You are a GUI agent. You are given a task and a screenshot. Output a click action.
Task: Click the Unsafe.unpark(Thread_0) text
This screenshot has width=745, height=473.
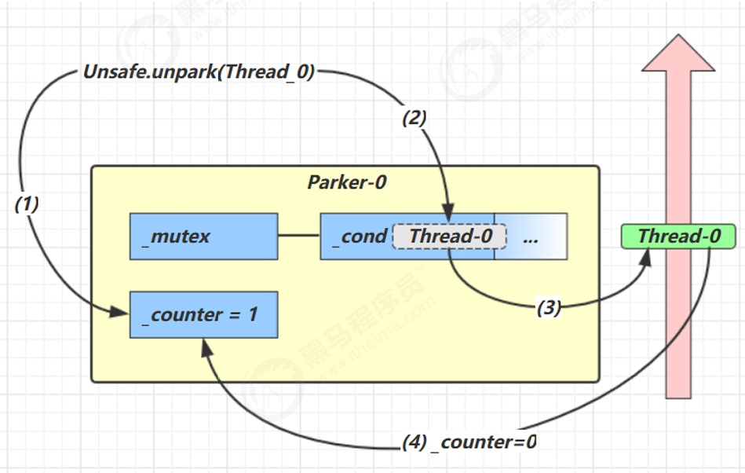point(199,72)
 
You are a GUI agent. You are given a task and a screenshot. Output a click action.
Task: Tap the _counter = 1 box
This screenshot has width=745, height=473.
point(203,314)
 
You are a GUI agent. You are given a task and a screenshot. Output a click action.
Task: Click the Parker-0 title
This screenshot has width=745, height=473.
point(346,183)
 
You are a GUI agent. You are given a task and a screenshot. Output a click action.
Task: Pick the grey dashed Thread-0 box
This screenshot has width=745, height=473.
point(449,236)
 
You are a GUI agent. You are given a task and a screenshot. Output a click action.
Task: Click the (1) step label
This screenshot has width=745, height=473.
point(27,204)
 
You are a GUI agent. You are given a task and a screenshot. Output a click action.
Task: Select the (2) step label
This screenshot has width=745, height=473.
point(414,119)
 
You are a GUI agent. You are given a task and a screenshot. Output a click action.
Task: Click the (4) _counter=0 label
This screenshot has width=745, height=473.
point(469,442)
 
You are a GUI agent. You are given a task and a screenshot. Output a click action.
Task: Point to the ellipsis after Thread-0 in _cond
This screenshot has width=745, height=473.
point(530,236)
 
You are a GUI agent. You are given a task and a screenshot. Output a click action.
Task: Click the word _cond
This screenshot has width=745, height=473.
point(363,236)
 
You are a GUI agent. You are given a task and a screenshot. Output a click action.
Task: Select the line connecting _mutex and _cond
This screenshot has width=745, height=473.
point(299,236)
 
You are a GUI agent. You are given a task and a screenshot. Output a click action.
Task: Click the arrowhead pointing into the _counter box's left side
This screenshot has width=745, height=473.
point(120,313)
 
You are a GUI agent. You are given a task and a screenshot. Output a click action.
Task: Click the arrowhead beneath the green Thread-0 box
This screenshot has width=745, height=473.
point(646,260)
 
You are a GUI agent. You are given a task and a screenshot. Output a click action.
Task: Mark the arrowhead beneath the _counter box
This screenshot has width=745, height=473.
point(206,346)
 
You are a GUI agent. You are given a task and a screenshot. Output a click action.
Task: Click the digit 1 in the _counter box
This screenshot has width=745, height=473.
point(252,314)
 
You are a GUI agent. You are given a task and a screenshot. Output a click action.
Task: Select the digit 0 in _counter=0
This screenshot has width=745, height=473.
point(531,442)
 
